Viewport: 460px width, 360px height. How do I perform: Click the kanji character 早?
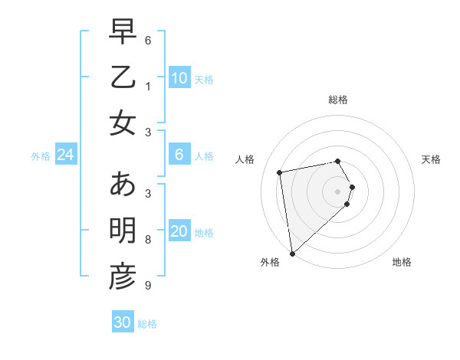click(123, 33)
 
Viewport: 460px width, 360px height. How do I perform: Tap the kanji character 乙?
click(123, 78)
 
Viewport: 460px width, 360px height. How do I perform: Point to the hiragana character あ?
click(123, 185)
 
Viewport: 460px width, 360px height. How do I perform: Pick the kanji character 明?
click(123, 231)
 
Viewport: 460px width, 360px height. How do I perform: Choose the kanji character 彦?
click(123, 277)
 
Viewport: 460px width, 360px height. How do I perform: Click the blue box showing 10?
click(179, 77)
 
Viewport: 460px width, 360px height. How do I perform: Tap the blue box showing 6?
click(179, 155)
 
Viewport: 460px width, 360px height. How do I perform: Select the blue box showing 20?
click(179, 232)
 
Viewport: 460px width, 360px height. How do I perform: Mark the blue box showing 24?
click(65, 155)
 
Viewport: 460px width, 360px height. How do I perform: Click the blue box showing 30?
click(123, 322)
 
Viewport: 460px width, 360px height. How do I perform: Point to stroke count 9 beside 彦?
click(147, 286)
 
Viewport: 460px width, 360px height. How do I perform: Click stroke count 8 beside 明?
click(147, 240)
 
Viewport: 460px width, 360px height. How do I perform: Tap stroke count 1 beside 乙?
click(147, 86)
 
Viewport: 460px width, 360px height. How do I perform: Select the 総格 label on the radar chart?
click(338, 100)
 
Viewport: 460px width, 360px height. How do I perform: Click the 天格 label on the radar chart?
click(431, 159)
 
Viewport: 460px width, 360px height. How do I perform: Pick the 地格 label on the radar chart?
click(402, 262)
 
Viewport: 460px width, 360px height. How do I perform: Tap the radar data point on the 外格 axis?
click(292, 253)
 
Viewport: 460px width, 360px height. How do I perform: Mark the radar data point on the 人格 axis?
click(280, 172)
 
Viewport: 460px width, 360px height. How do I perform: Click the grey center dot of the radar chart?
click(338, 190)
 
